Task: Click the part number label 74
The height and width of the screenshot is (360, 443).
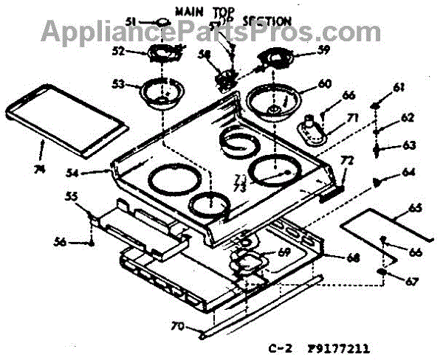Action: (40, 169)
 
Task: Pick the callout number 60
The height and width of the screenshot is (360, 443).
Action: (325, 83)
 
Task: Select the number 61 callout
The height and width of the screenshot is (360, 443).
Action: (399, 89)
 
